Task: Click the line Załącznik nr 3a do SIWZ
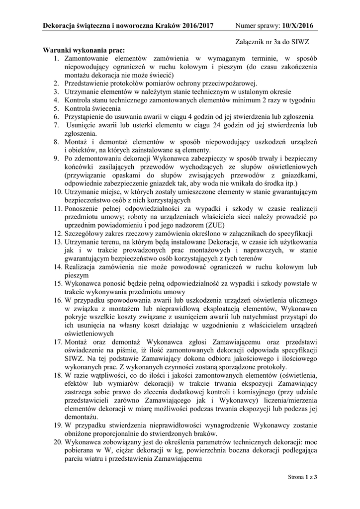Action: coord(275,44)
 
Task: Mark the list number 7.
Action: coord(56,125)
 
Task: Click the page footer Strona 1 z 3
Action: coord(302,477)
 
